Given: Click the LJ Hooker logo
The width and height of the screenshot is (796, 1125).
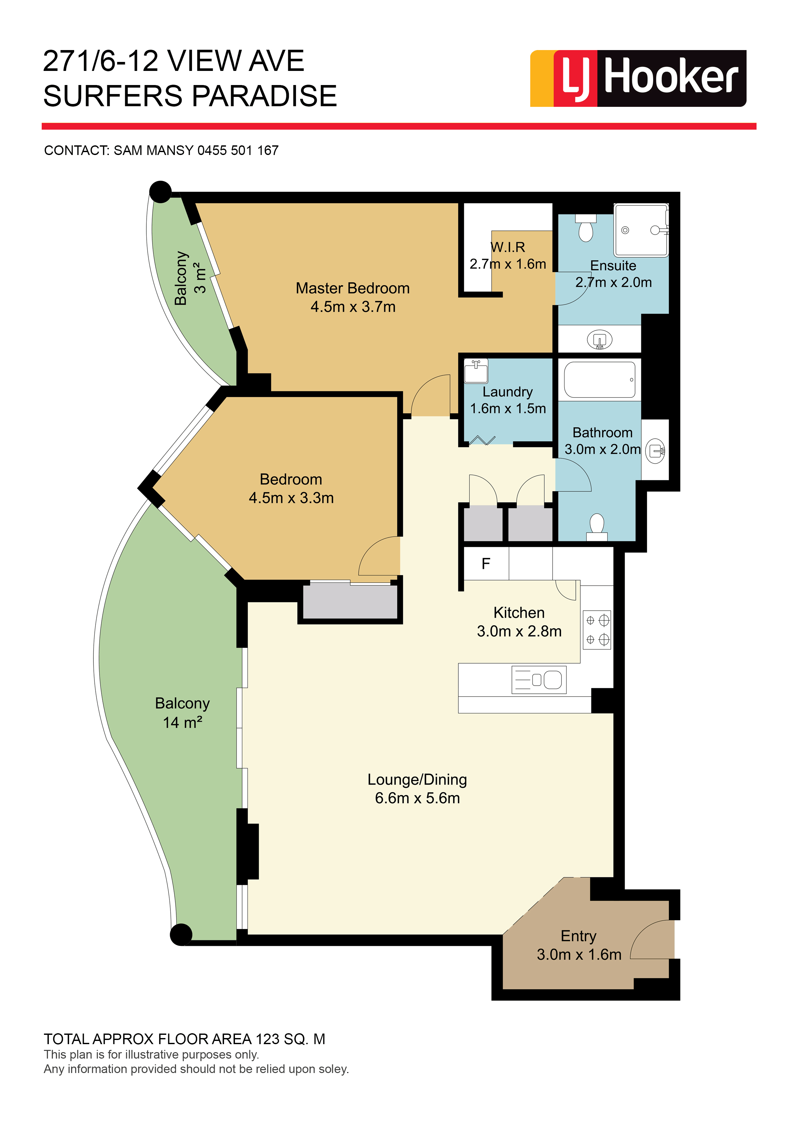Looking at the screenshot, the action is point(638,78).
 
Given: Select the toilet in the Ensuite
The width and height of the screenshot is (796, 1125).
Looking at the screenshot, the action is point(586,228).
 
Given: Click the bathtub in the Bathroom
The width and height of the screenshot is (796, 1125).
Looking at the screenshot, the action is point(600,380).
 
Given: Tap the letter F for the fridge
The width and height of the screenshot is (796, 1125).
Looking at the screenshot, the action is point(486,564).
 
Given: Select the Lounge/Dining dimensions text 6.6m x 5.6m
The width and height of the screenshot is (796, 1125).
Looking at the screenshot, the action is point(417,798).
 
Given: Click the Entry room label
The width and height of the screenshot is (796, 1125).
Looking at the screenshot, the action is point(578,936).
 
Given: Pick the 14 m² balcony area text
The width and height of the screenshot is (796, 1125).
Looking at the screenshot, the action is point(182,722).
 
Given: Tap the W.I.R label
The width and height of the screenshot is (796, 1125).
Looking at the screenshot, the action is point(508,247).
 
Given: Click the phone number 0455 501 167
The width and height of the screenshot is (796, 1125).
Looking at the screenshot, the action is point(238,150).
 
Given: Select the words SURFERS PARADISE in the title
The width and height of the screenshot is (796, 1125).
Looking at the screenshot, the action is point(190,96).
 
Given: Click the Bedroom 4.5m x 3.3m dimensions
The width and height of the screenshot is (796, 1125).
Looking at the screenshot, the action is point(291,498).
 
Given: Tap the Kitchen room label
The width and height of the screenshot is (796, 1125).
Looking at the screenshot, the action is point(519,613).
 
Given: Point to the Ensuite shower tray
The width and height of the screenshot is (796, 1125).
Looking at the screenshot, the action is point(641,230).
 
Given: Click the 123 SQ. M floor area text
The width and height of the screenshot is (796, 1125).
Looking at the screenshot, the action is point(290,1039).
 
